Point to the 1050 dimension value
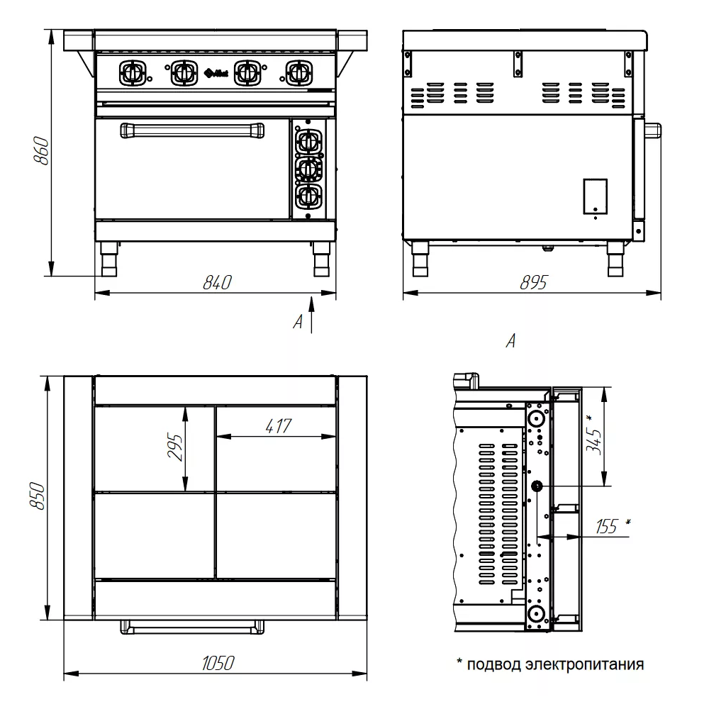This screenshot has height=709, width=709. tap(217, 664)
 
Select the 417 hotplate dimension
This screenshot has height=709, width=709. tap(279, 426)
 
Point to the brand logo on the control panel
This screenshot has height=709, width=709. tap(215, 72)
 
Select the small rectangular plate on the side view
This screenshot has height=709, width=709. tap(595, 196)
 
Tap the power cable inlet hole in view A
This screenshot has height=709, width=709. tap(536, 486)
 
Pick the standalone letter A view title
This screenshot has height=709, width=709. tap(510, 342)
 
